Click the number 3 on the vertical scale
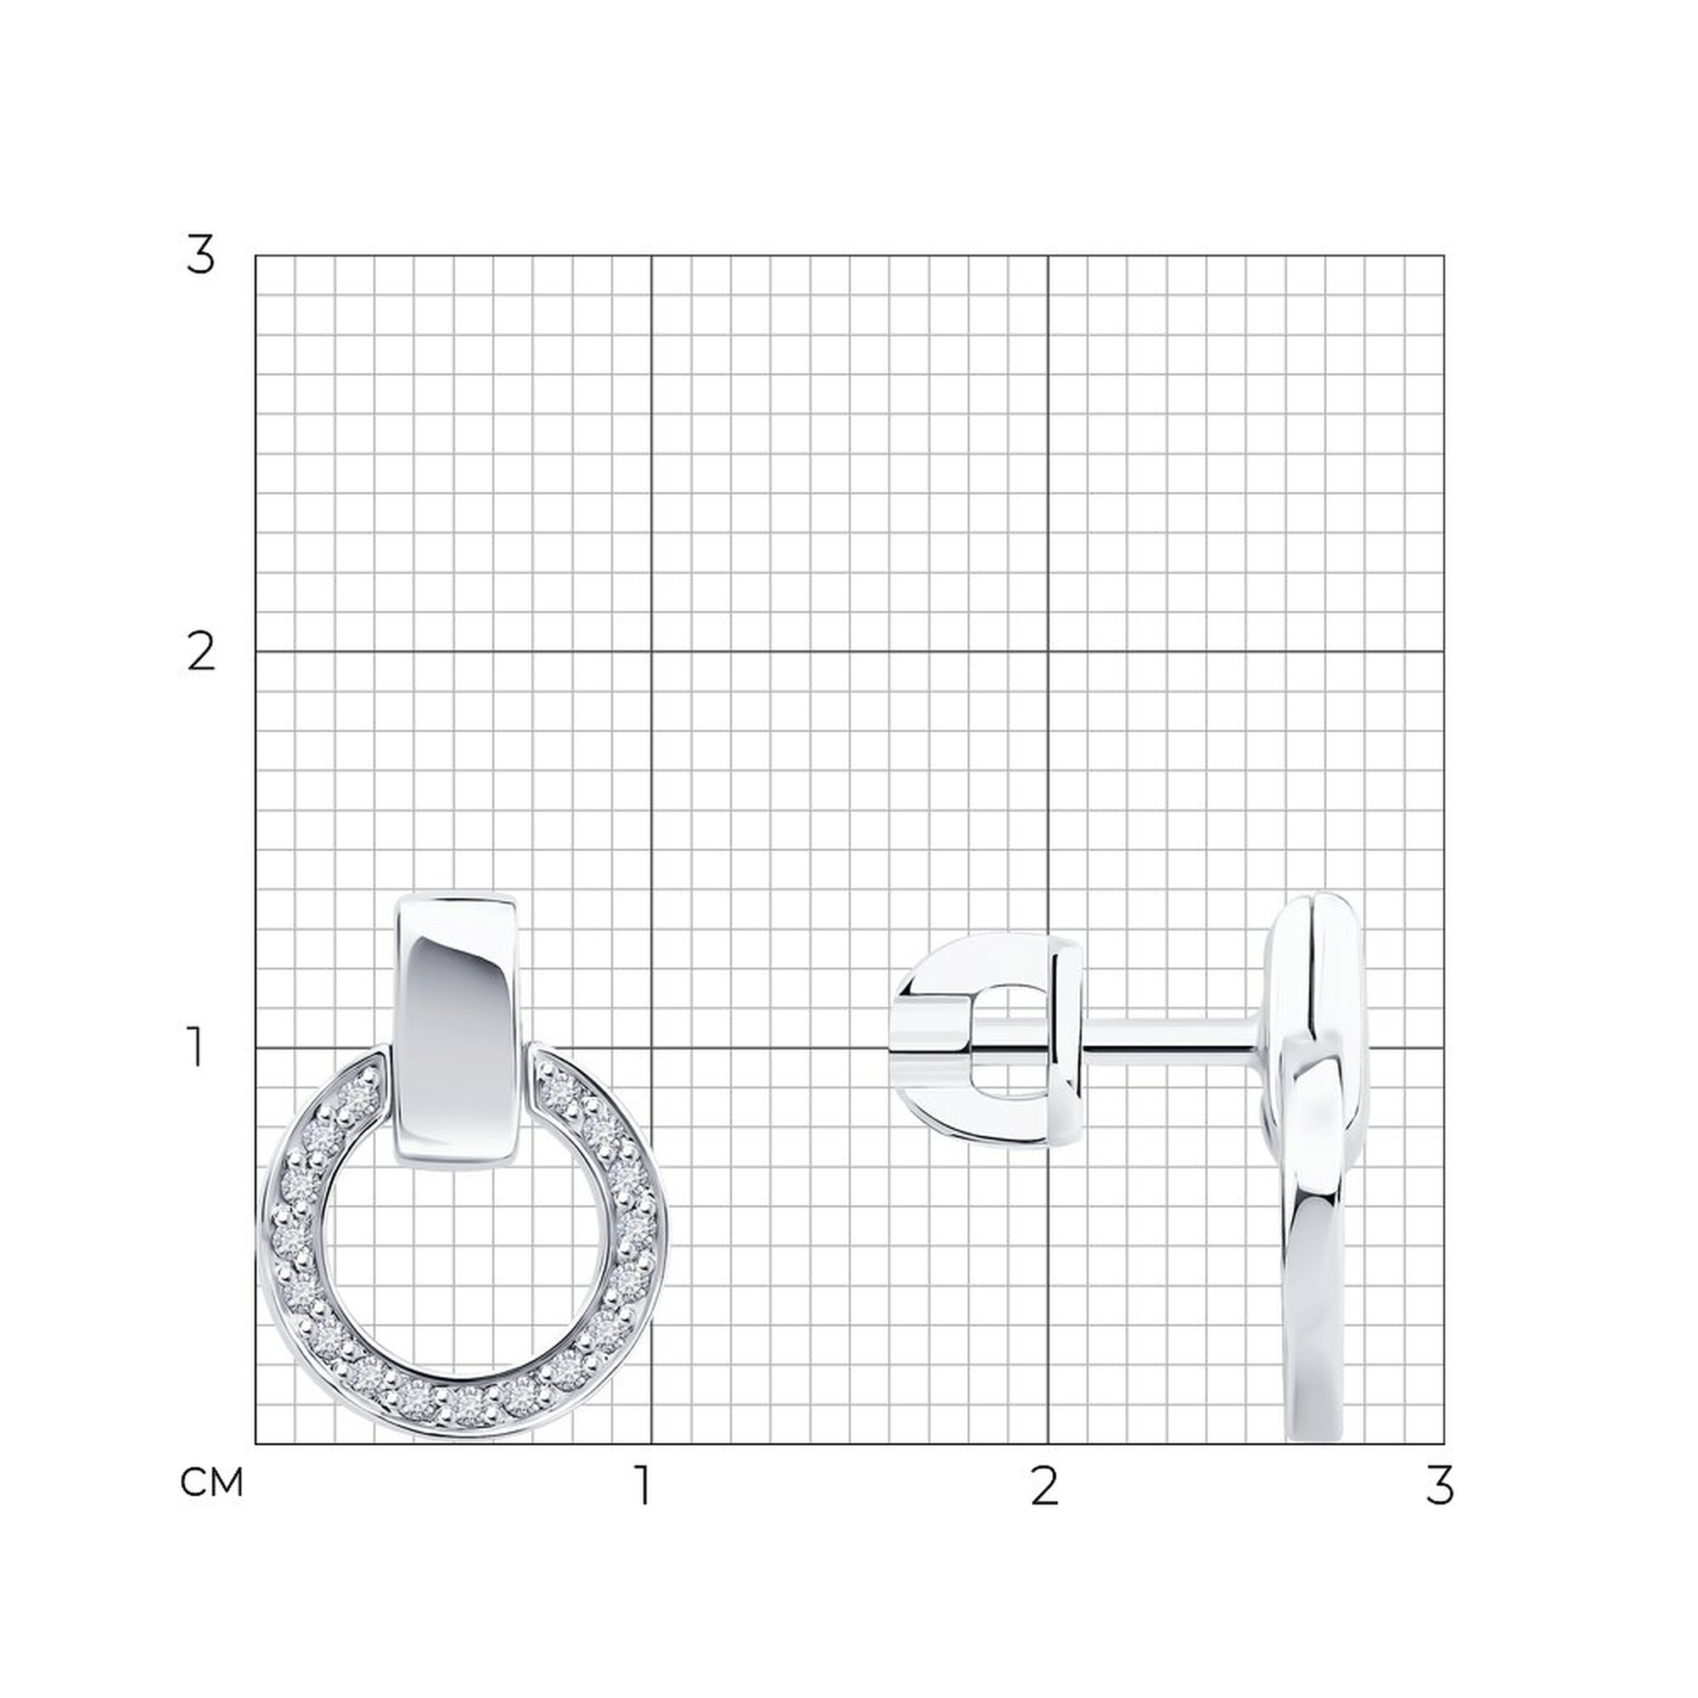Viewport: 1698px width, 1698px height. (200, 256)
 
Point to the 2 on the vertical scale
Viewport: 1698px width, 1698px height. (201, 653)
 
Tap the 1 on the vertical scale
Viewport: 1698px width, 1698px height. (196, 1049)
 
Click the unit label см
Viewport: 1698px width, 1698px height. (211, 1483)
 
